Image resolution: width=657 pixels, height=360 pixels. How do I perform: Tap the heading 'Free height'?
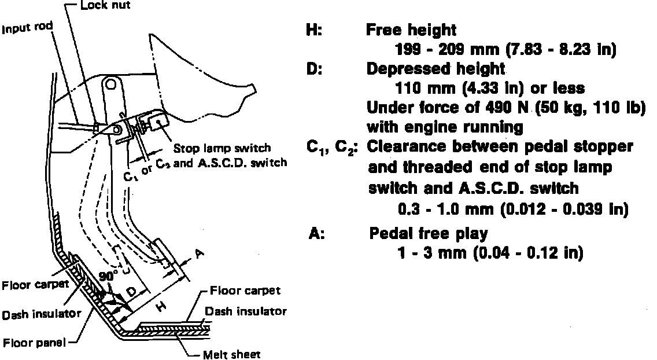[x=411, y=30]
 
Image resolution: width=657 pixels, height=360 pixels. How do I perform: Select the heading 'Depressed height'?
[x=436, y=69]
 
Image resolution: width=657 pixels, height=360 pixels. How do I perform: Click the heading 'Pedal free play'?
[x=429, y=234]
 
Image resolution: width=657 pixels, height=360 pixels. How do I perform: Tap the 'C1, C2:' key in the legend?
[x=332, y=147]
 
